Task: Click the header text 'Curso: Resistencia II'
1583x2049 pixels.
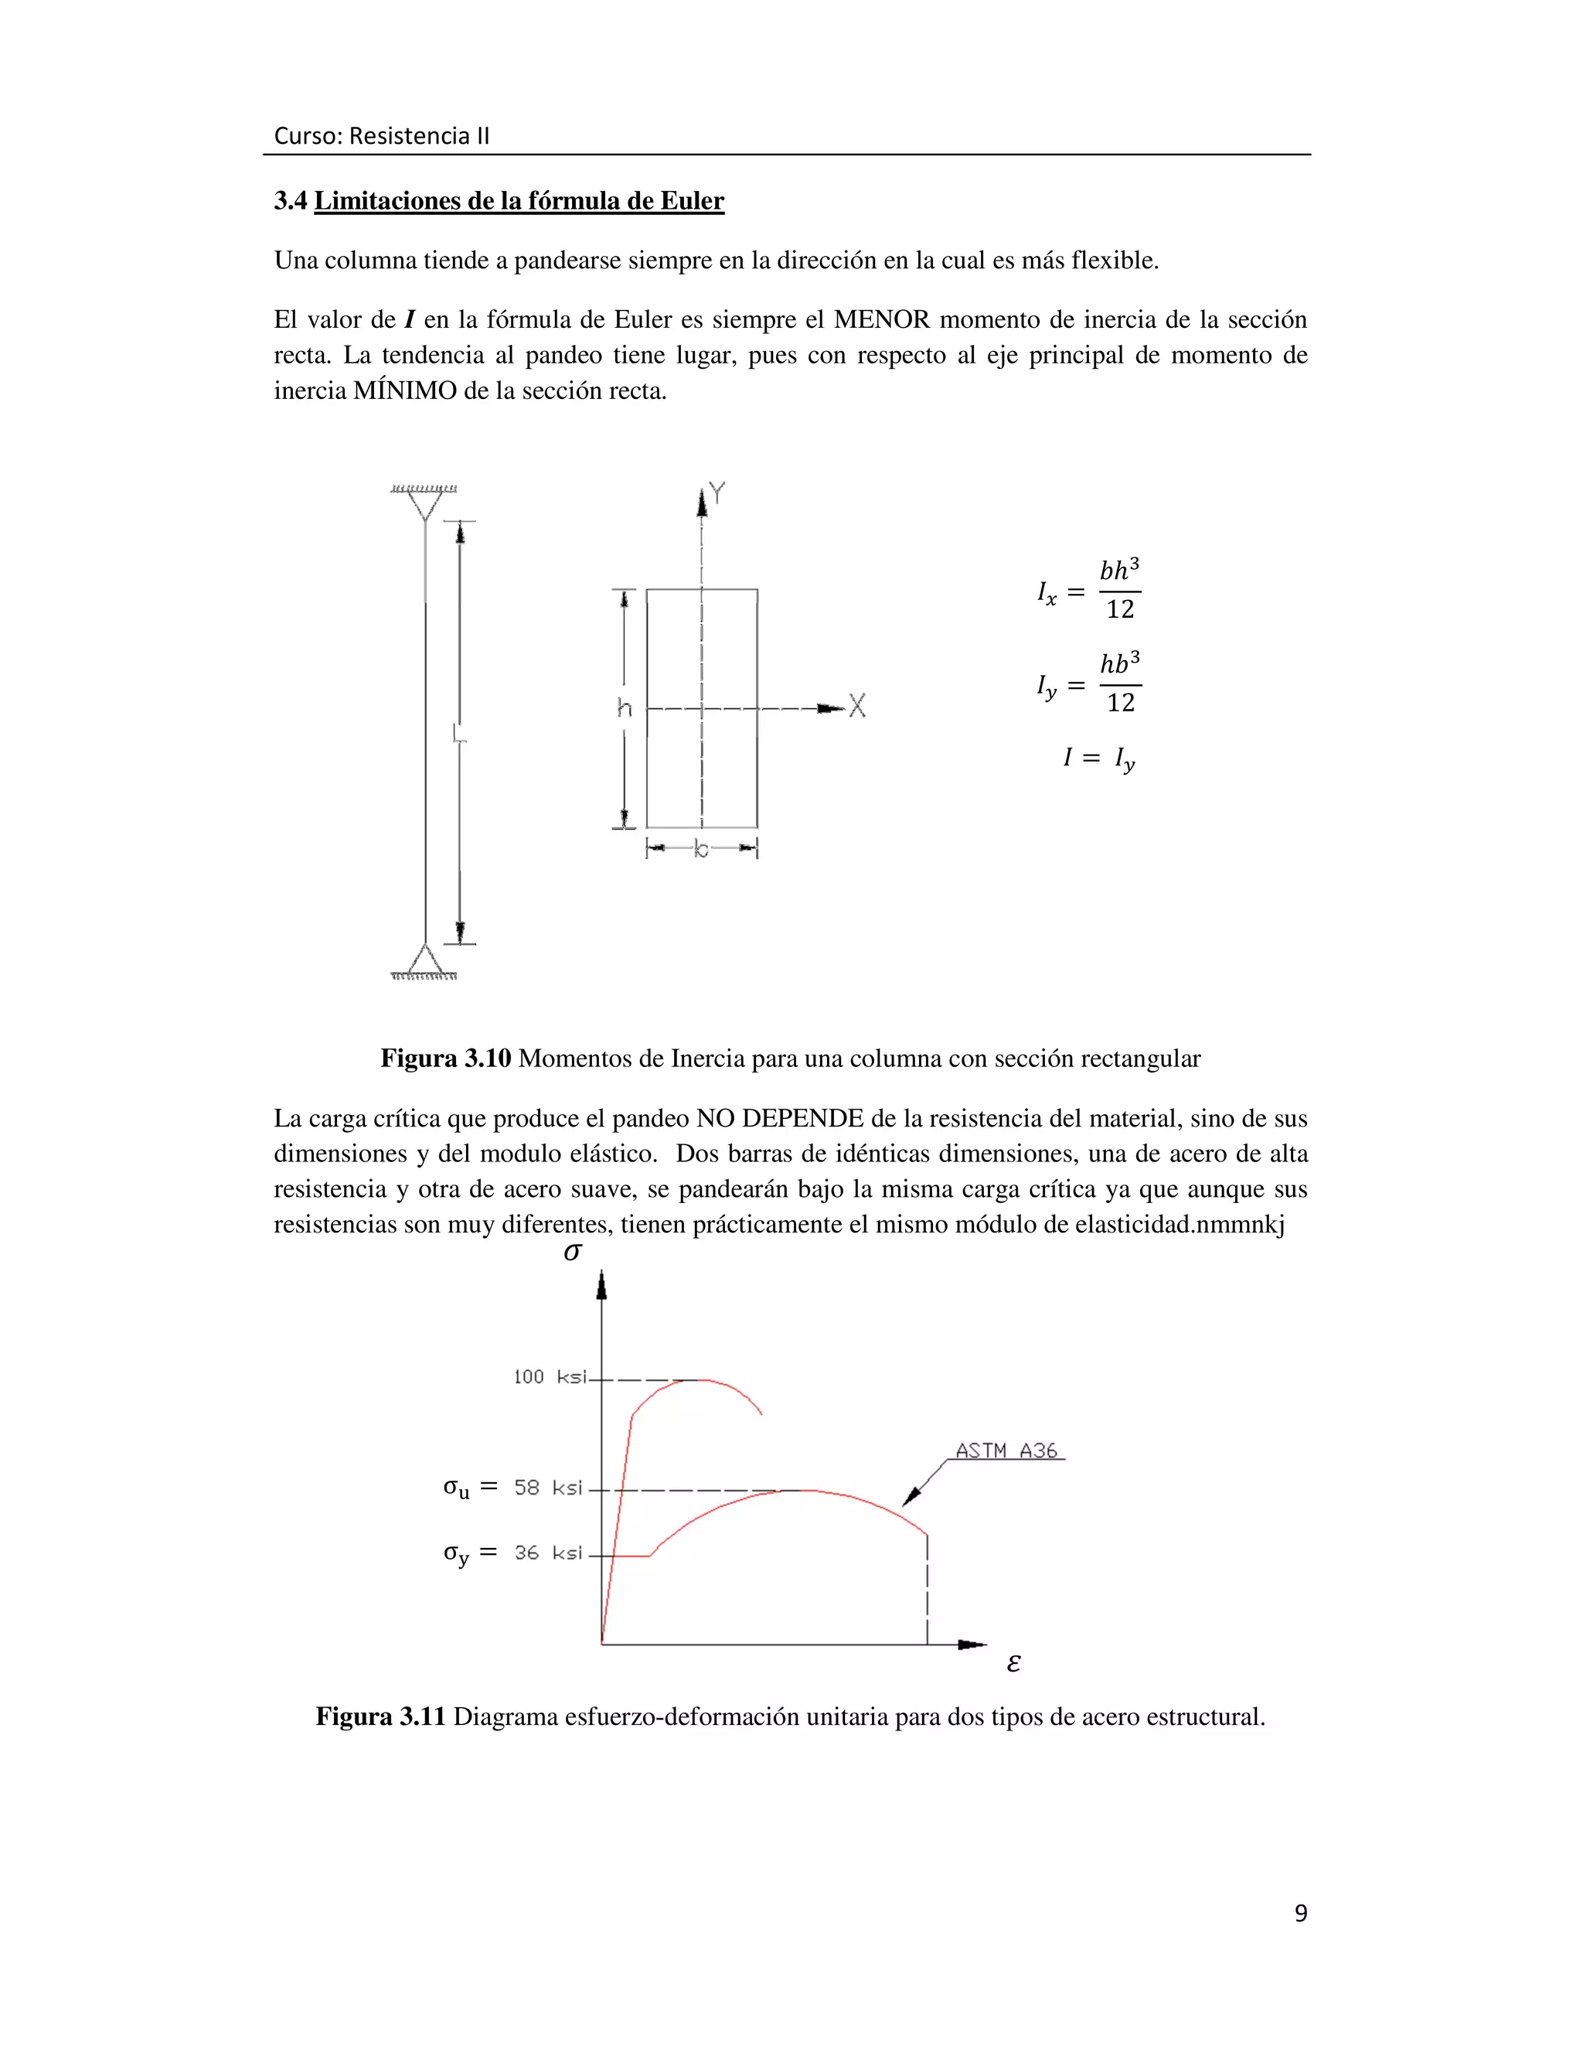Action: pos(381,136)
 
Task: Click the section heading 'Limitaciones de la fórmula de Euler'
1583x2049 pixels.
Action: pos(519,201)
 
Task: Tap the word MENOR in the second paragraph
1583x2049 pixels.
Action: pos(880,320)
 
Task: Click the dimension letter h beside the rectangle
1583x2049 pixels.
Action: pos(625,708)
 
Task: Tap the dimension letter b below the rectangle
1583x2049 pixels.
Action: pos(702,850)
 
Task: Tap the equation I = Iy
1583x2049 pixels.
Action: pos(1098,758)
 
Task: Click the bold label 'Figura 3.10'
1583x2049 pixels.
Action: pos(445,1059)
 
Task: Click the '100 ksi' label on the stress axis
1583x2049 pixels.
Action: pos(550,1377)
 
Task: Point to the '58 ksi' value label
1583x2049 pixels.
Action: pos(549,1488)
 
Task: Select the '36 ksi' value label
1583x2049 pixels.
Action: pos(549,1553)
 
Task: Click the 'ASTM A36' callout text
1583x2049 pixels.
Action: pos(1006,1451)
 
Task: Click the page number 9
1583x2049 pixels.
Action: pos(1300,1914)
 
